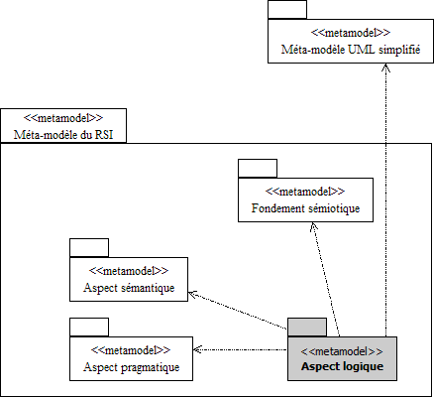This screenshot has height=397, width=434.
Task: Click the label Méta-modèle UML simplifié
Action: [x=351, y=50]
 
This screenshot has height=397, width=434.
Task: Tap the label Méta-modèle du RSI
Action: [x=63, y=135]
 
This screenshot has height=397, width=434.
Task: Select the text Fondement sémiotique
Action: [x=305, y=208]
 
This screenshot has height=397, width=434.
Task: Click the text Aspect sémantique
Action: [x=129, y=288]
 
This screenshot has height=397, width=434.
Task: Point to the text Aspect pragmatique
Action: [x=132, y=367]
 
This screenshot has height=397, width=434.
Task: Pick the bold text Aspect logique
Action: [x=342, y=366]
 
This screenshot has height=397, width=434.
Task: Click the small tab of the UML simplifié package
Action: [x=287, y=10]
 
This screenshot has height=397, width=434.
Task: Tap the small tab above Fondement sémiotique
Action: [x=258, y=169]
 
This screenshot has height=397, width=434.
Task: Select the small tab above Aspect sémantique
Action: [x=89, y=248]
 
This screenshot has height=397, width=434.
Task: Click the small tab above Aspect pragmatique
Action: [x=89, y=328]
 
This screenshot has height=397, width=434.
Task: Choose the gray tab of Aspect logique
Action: [x=307, y=328]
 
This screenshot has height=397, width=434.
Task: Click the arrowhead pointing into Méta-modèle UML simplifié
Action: [x=385, y=67]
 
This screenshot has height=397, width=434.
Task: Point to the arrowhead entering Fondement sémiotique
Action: [x=314, y=227]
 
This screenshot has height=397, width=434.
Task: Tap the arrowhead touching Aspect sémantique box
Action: [x=193, y=294]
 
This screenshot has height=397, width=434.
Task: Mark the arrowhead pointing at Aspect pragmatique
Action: [x=197, y=349]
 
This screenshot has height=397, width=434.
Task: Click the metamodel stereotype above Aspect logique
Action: [x=342, y=351]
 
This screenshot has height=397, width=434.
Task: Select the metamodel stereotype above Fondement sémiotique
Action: [x=305, y=192]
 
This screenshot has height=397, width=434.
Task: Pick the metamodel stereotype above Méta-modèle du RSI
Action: [x=63, y=118]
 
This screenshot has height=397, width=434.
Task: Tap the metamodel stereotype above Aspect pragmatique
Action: [x=131, y=350]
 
